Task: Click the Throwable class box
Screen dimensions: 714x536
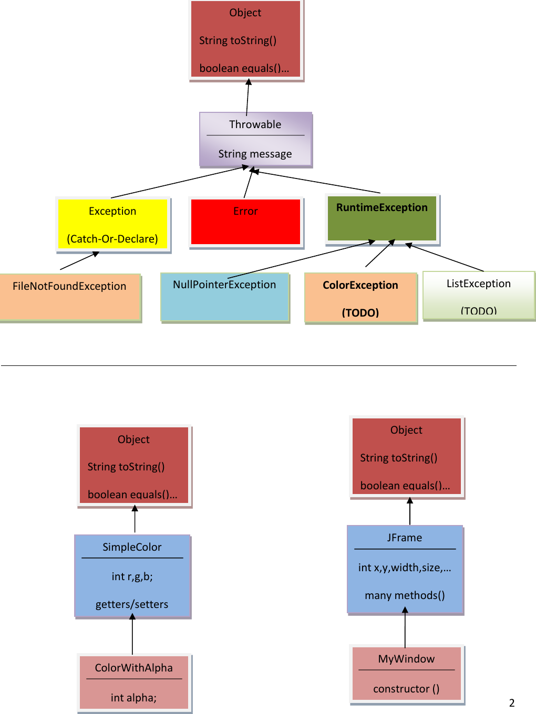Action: click(x=255, y=139)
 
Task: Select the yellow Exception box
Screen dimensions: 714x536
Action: click(x=112, y=224)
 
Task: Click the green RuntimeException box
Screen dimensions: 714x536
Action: click(x=382, y=218)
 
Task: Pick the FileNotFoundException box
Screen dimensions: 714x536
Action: click(x=70, y=297)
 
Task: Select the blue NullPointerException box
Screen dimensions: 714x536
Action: click(x=224, y=297)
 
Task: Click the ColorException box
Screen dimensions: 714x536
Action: click(x=360, y=298)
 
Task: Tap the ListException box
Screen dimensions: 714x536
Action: click(x=478, y=296)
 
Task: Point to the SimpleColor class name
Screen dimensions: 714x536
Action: click(x=132, y=547)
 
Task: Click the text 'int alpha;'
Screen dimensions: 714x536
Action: click(x=133, y=698)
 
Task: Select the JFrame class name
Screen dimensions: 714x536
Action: click(x=405, y=538)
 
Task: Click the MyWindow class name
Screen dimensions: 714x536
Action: click(x=406, y=659)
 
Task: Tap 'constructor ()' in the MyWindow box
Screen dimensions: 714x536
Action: click(x=406, y=689)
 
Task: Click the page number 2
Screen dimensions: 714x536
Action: click(x=512, y=703)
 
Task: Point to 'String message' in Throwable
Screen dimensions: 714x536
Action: click(x=255, y=154)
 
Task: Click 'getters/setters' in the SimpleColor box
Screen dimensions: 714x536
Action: click(x=132, y=604)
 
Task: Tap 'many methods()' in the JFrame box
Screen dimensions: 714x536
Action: click(x=405, y=595)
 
